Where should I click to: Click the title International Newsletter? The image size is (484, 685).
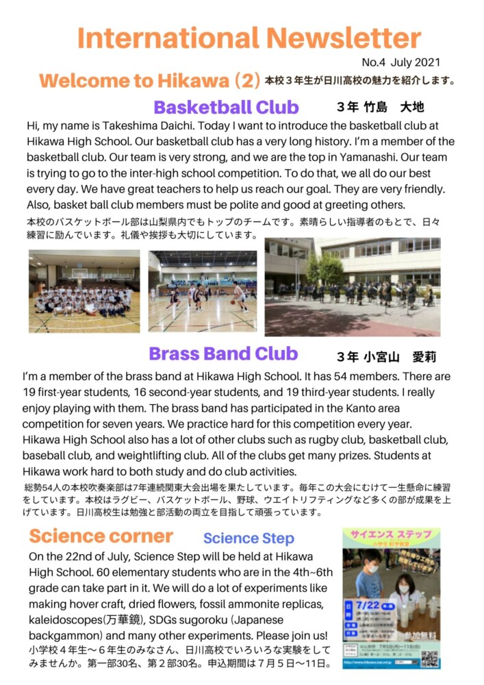click(249, 37)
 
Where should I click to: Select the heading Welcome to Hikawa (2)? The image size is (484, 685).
click(149, 81)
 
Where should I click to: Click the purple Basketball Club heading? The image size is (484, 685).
click(226, 108)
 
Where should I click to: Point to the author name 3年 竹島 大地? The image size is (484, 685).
click(381, 108)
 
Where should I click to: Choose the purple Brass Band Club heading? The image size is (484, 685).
click(223, 353)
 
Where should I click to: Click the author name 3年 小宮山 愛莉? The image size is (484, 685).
click(386, 357)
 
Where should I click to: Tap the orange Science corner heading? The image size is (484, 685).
click(101, 536)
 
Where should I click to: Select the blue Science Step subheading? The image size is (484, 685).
click(249, 538)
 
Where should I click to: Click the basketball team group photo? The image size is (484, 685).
click(84, 291)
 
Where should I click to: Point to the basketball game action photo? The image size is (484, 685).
click(202, 291)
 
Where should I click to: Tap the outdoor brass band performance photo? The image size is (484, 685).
click(353, 286)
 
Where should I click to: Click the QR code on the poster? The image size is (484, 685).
click(429, 658)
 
